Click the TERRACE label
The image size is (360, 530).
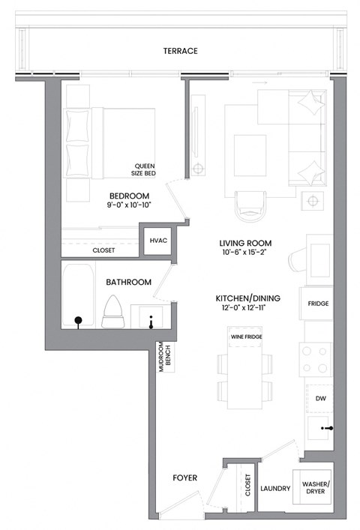pos(180,51)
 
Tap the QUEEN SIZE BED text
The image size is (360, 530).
pos(144,170)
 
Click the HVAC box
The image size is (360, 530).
pos(158,241)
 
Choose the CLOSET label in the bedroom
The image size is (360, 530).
pos(103,250)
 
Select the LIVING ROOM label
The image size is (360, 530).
pos(245,244)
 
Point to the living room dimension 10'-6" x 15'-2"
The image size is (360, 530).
pos(245,254)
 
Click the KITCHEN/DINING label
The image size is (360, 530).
pos(245,298)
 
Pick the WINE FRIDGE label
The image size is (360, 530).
pos(245,336)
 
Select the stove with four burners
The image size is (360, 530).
pos(314,359)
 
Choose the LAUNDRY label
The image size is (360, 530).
pos(275,489)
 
